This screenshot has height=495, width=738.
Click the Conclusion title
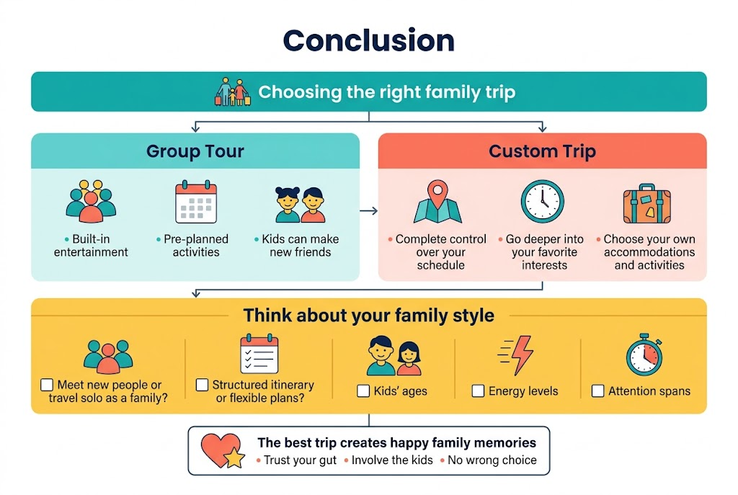click(368, 40)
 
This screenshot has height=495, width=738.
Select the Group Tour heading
click(195, 151)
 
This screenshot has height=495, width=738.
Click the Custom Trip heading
click(542, 151)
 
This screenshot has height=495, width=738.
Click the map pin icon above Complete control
click(437, 202)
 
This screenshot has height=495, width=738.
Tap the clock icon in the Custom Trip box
click(542, 202)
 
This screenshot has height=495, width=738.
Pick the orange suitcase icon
click(646, 204)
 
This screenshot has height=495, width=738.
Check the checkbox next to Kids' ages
click(363, 391)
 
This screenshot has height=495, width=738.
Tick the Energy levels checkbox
click(478, 391)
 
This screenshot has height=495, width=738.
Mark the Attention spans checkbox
click(597, 391)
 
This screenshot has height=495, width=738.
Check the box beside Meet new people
click(47, 385)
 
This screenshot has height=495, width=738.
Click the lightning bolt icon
click(515, 354)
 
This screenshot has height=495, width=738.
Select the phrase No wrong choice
click(492, 460)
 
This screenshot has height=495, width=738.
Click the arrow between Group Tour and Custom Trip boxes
click(368, 211)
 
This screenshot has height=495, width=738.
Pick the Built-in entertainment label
click(91, 246)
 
